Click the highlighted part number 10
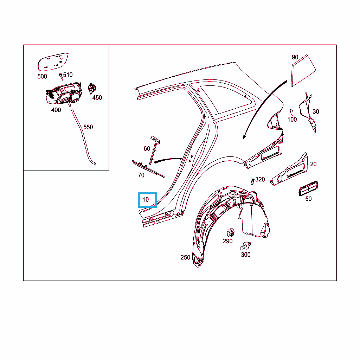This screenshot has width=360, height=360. [x=146, y=200]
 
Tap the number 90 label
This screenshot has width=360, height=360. [x=295, y=57]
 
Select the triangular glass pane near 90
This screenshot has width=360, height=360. [x=303, y=70]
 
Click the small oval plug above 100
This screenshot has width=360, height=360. [x=292, y=112]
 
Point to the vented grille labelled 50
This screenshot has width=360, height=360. [x=308, y=188]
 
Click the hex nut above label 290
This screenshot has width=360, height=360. [x=230, y=233]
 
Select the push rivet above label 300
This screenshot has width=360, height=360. [x=245, y=246]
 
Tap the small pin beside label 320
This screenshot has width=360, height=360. [x=252, y=181]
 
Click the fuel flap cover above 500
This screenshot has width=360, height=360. [x=53, y=62]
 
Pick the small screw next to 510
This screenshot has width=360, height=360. [x=61, y=76]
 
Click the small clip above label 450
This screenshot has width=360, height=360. [x=92, y=88]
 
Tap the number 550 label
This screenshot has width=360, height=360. [x=88, y=127]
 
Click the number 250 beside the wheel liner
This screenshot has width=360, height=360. [x=185, y=257]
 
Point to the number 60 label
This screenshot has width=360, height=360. [x=147, y=149]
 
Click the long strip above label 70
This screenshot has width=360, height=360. [x=149, y=169]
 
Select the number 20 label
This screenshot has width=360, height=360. [x=313, y=164]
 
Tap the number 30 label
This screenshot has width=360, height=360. [x=316, y=111]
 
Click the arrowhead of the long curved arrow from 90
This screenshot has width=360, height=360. [x=244, y=137]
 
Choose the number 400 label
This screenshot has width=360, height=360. [x=56, y=110]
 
